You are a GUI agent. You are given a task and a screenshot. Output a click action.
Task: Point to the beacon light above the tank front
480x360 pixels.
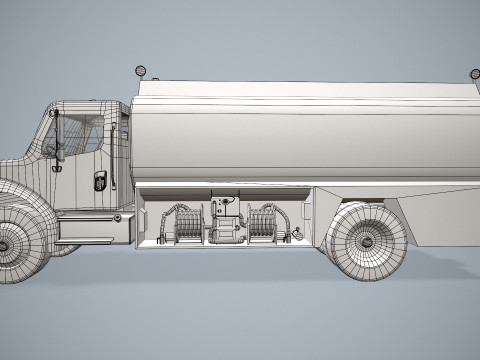tap(141, 71)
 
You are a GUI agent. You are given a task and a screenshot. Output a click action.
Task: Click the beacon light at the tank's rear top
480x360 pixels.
tap(474, 73)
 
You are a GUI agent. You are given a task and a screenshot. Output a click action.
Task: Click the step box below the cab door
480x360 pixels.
tap(88, 228)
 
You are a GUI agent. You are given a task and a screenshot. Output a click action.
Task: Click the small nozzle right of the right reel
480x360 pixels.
tap(297, 233)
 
